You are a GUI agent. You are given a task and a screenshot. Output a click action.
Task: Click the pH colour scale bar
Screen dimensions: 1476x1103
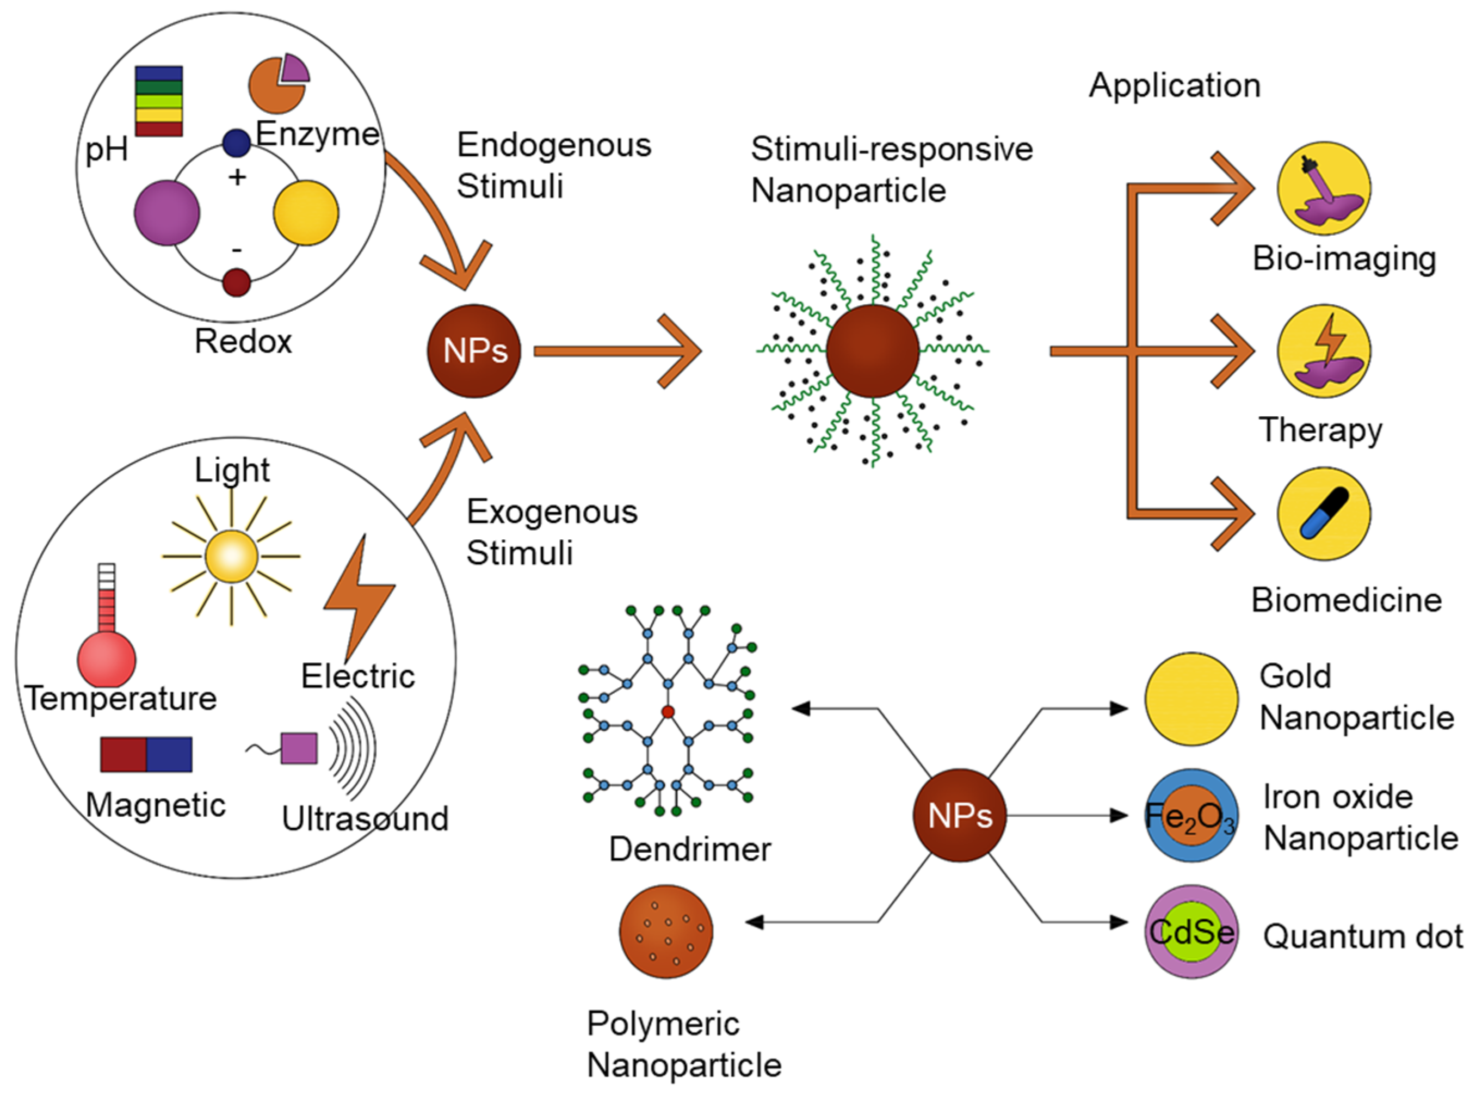click(159, 101)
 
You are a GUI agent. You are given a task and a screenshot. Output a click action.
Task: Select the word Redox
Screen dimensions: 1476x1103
click(243, 341)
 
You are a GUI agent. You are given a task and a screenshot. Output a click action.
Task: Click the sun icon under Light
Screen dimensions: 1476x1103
click(231, 556)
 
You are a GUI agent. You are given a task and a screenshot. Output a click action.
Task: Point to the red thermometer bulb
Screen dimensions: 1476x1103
click(107, 660)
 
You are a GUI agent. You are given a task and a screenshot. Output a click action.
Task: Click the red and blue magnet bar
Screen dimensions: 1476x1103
click(146, 754)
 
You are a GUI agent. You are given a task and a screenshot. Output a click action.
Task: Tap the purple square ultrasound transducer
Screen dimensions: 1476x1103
click(299, 748)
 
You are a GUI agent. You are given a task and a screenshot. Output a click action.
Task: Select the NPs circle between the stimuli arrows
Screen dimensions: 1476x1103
click(474, 351)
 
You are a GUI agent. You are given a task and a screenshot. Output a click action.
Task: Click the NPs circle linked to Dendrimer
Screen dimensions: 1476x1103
click(960, 815)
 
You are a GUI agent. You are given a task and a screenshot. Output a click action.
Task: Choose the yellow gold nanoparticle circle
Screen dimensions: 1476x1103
click(1192, 699)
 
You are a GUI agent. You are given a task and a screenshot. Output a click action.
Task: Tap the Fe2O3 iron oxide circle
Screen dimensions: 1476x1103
click(1192, 815)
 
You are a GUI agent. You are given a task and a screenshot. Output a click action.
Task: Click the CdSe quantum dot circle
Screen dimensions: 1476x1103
click(1192, 932)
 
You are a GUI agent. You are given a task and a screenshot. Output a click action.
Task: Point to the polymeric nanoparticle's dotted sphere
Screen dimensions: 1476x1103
click(666, 932)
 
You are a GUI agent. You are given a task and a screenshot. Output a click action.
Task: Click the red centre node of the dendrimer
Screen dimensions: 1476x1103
click(668, 712)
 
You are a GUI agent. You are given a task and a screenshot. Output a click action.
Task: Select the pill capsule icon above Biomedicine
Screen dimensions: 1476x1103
click(1325, 514)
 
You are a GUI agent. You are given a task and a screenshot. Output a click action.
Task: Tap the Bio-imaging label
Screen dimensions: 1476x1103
click(1344, 259)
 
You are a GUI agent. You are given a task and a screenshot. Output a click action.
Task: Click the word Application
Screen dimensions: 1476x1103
click(1175, 86)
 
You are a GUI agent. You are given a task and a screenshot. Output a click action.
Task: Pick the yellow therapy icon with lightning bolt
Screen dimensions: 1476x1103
click(1325, 351)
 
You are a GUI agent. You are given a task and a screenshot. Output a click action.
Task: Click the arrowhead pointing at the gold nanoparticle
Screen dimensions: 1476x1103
click(1119, 708)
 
